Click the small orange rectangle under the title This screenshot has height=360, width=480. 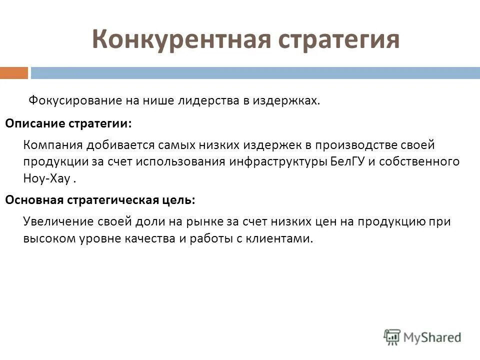pos(14,73)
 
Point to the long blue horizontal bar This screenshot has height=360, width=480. pos(255,73)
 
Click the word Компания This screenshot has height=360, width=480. pos(52,145)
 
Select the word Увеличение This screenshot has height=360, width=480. pos(54,222)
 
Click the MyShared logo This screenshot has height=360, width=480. pos(422,337)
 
